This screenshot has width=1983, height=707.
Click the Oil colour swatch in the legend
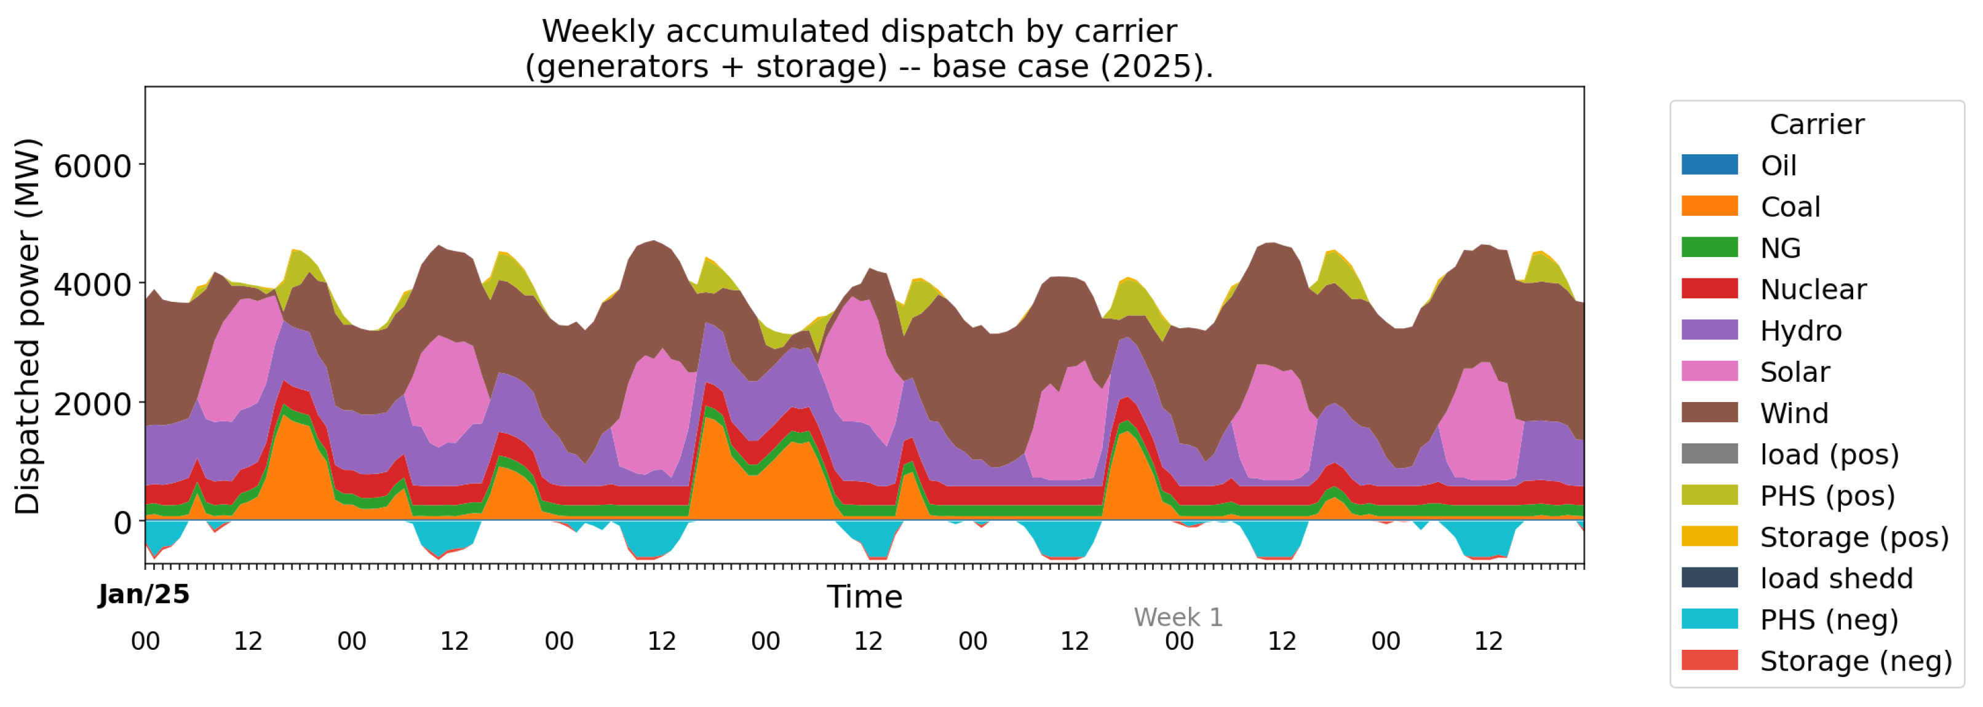(x=1710, y=165)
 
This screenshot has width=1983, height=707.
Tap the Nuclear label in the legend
(x=1813, y=290)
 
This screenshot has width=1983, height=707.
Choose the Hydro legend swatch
(x=1710, y=330)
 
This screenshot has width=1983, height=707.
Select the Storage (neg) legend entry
(x=1817, y=660)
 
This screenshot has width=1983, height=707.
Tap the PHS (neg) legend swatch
(x=1710, y=618)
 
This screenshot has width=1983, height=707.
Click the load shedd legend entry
(x=1797, y=578)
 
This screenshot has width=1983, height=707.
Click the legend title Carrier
(x=1817, y=124)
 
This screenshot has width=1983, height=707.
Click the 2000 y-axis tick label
(x=92, y=403)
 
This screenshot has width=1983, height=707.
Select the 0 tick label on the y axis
(x=122, y=523)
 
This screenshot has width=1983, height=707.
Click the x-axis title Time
(x=864, y=597)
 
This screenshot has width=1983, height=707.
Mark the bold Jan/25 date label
(x=144, y=594)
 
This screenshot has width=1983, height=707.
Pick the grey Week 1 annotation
(x=1178, y=617)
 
